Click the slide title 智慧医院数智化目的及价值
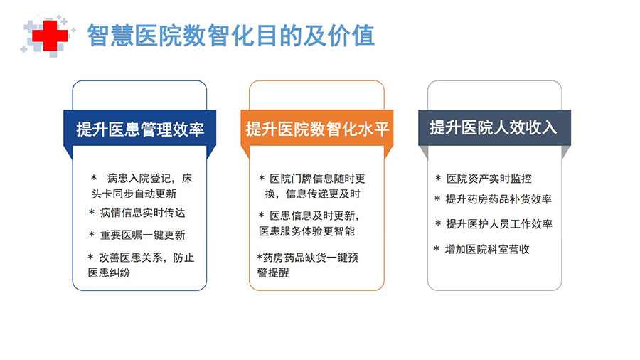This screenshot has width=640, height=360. pos(231,36)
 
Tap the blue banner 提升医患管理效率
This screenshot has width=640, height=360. pos(140,129)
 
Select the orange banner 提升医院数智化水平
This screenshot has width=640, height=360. pos(317,129)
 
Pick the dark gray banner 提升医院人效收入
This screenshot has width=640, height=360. pos(494,128)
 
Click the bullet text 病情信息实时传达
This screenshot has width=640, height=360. pos(142,213)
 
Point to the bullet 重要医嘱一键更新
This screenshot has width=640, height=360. pos(142,235)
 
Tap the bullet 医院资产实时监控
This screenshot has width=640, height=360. pos(489,179)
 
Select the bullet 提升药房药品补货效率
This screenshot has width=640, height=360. pos(498,199)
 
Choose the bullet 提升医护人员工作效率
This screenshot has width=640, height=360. pos(498,224)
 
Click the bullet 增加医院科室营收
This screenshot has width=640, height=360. pos(487,250)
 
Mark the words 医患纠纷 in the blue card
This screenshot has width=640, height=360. pos(109,272)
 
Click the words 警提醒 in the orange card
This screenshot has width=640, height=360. pos(273,272)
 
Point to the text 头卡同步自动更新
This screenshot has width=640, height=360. pos(134,194)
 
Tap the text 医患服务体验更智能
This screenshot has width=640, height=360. pos(307,231)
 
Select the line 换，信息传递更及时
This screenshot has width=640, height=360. pos(313,194)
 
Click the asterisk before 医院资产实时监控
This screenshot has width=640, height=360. pos(438,178)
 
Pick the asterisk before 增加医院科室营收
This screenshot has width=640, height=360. pos(437,248)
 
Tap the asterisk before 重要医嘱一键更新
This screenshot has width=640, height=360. pos(92,234)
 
